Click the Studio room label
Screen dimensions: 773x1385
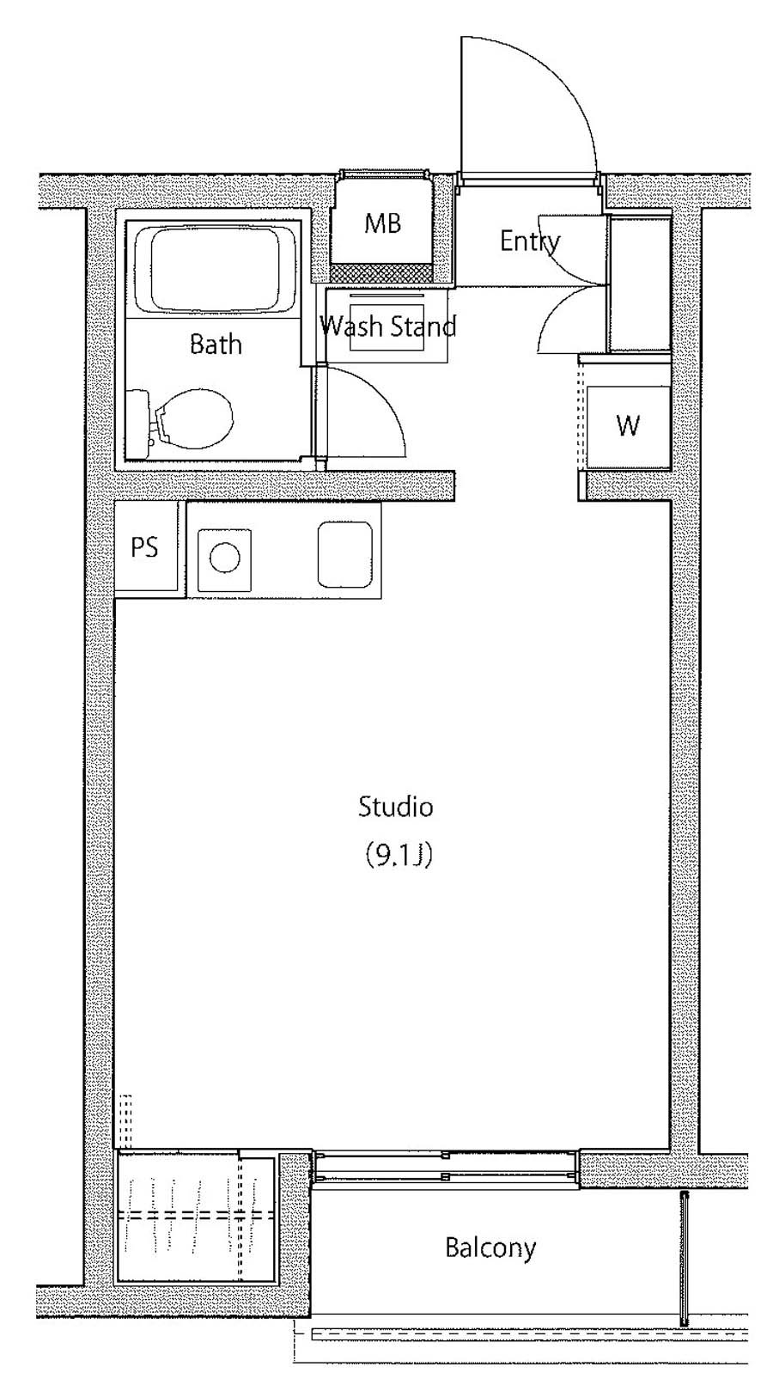tap(395, 807)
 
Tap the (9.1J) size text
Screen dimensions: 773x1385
tap(395, 855)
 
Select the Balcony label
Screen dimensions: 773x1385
tap(490, 1248)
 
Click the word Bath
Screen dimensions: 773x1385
tap(216, 344)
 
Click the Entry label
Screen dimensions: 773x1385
tap(530, 241)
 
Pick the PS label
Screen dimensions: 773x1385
tap(144, 546)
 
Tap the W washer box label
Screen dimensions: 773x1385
tap(628, 425)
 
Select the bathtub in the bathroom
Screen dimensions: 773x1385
tap(214, 269)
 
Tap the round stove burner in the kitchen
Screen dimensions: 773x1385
tap(224, 558)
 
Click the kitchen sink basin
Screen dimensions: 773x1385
tap(344, 555)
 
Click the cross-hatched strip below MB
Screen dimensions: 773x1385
tap(382, 272)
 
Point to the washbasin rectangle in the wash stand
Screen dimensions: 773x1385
tap(387, 327)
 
